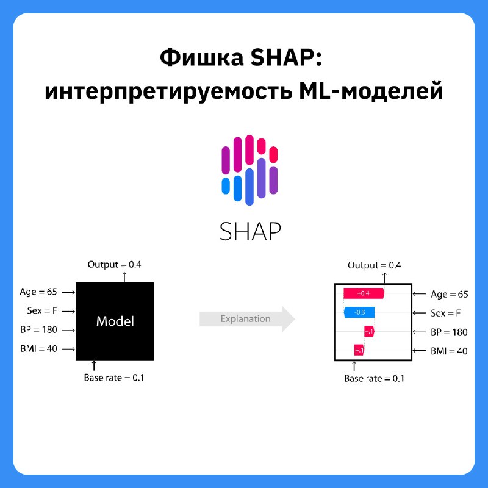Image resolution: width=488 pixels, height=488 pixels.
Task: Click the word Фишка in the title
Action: [201, 57]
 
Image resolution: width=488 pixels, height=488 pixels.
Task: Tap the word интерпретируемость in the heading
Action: [168, 91]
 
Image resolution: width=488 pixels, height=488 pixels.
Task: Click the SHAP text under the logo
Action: [250, 231]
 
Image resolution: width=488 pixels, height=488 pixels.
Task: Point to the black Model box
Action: [115, 321]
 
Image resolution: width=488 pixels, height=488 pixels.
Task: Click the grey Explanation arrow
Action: [247, 318]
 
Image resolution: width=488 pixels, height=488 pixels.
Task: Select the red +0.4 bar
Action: [364, 293]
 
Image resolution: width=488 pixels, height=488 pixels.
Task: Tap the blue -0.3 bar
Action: [359, 312]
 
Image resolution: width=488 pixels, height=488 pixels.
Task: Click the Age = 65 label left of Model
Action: [38, 292]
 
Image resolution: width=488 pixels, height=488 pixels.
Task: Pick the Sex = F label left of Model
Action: [42, 310]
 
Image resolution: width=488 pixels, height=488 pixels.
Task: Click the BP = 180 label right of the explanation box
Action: [449, 332]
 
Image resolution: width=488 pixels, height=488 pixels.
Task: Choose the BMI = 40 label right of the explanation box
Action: [449, 351]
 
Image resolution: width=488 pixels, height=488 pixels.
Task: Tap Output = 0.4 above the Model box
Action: [114, 265]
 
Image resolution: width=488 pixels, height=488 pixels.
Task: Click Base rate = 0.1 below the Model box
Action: [114, 378]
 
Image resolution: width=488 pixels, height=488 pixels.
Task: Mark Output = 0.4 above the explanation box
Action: [375, 265]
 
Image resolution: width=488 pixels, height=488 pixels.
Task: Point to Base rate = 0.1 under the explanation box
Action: [374, 378]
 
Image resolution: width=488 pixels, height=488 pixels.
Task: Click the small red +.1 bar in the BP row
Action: [369, 331]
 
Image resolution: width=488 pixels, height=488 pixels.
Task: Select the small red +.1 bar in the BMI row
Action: [359, 350]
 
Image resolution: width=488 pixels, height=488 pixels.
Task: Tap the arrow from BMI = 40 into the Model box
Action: [68, 349]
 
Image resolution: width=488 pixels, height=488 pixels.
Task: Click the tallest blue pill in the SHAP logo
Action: [249, 187]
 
